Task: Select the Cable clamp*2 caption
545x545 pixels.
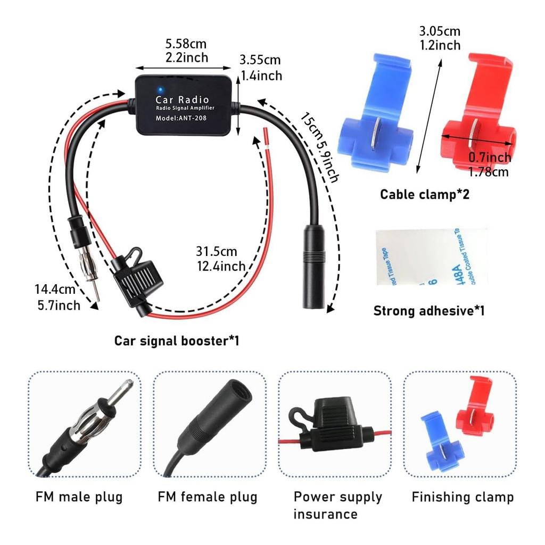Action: pos(424,194)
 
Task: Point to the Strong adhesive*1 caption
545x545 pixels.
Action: pos(428,310)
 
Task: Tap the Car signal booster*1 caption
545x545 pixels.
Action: pos(176,340)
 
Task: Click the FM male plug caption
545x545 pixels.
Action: pos(79,497)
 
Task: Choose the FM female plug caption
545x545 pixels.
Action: pos(208,497)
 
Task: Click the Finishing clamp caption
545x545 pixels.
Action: pos(463,497)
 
